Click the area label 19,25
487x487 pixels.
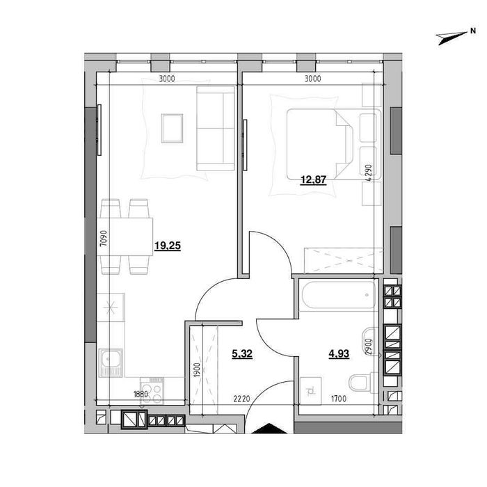coord(168,246)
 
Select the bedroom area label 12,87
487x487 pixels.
coord(313,179)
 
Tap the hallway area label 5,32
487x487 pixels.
coord(242,353)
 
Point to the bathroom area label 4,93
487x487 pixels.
coord(339,353)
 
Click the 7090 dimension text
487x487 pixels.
coord(104,238)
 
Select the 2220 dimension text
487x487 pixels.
coord(241,399)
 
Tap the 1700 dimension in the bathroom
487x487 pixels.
coord(339,399)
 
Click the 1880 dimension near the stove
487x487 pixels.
coord(141,394)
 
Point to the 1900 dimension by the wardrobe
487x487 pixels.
coord(197,370)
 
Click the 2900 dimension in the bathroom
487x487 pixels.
coord(368,346)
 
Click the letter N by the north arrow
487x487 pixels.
coord(473,31)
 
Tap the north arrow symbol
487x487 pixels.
coord(452,38)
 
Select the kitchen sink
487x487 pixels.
coord(111,362)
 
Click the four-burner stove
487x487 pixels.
coord(152,390)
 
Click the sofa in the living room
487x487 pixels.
coord(216,128)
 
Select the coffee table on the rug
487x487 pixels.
coord(172,128)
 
